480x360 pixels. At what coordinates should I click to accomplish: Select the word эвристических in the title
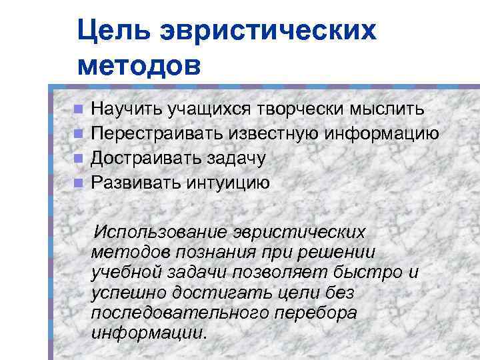point(267,31)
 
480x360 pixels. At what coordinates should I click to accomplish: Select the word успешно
point(127,293)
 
